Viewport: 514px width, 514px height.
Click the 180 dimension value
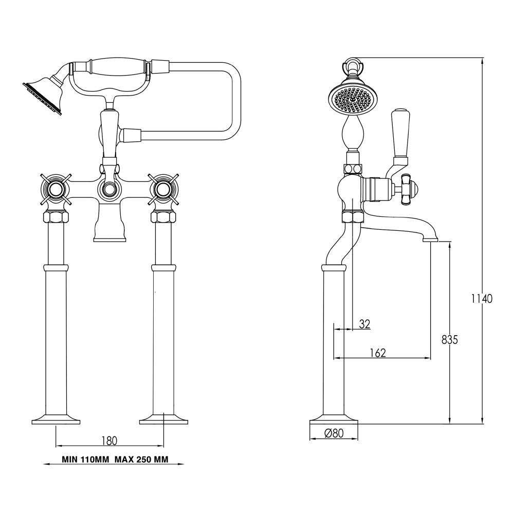point(109,440)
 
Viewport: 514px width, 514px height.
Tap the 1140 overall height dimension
point(482,298)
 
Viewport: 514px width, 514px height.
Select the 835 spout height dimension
point(449,340)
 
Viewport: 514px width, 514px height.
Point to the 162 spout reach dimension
point(377,353)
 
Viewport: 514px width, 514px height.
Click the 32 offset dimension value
point(364,324)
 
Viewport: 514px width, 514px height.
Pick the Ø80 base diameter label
point(334,433)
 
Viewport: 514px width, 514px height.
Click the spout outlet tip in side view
point(430,238)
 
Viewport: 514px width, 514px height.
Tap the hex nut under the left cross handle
point(56,216)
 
